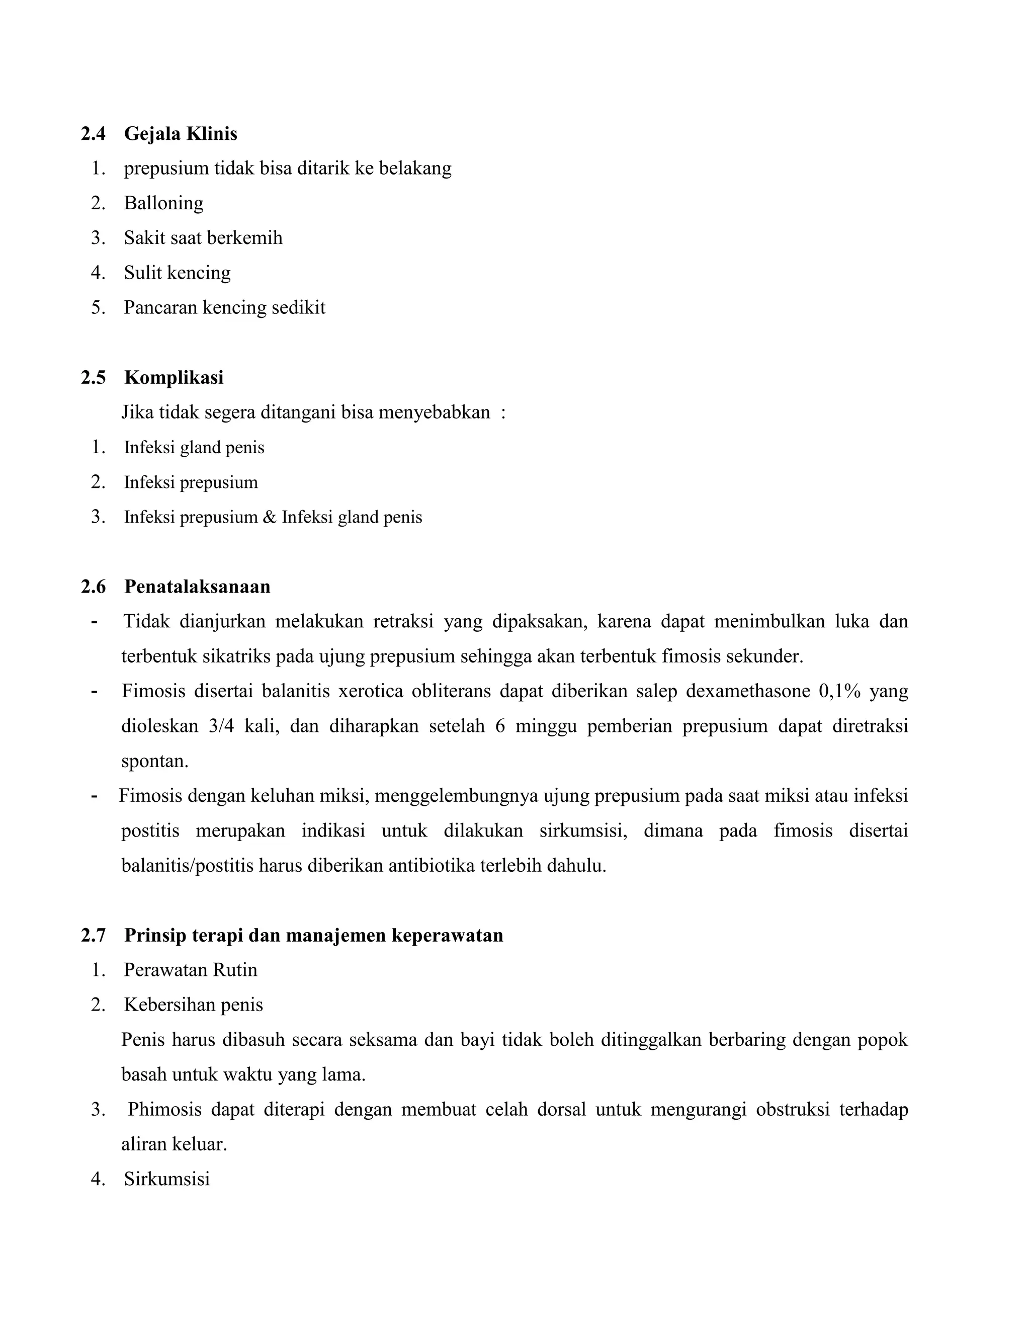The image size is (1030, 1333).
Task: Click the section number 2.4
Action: (94, 134)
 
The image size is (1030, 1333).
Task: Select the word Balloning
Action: (163, 203)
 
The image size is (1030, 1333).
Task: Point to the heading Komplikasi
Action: (174, 378)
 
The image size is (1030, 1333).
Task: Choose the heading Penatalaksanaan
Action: (197, 587)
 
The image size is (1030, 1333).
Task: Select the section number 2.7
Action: (94, 936)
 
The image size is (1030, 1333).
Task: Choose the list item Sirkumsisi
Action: (166, 1179)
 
